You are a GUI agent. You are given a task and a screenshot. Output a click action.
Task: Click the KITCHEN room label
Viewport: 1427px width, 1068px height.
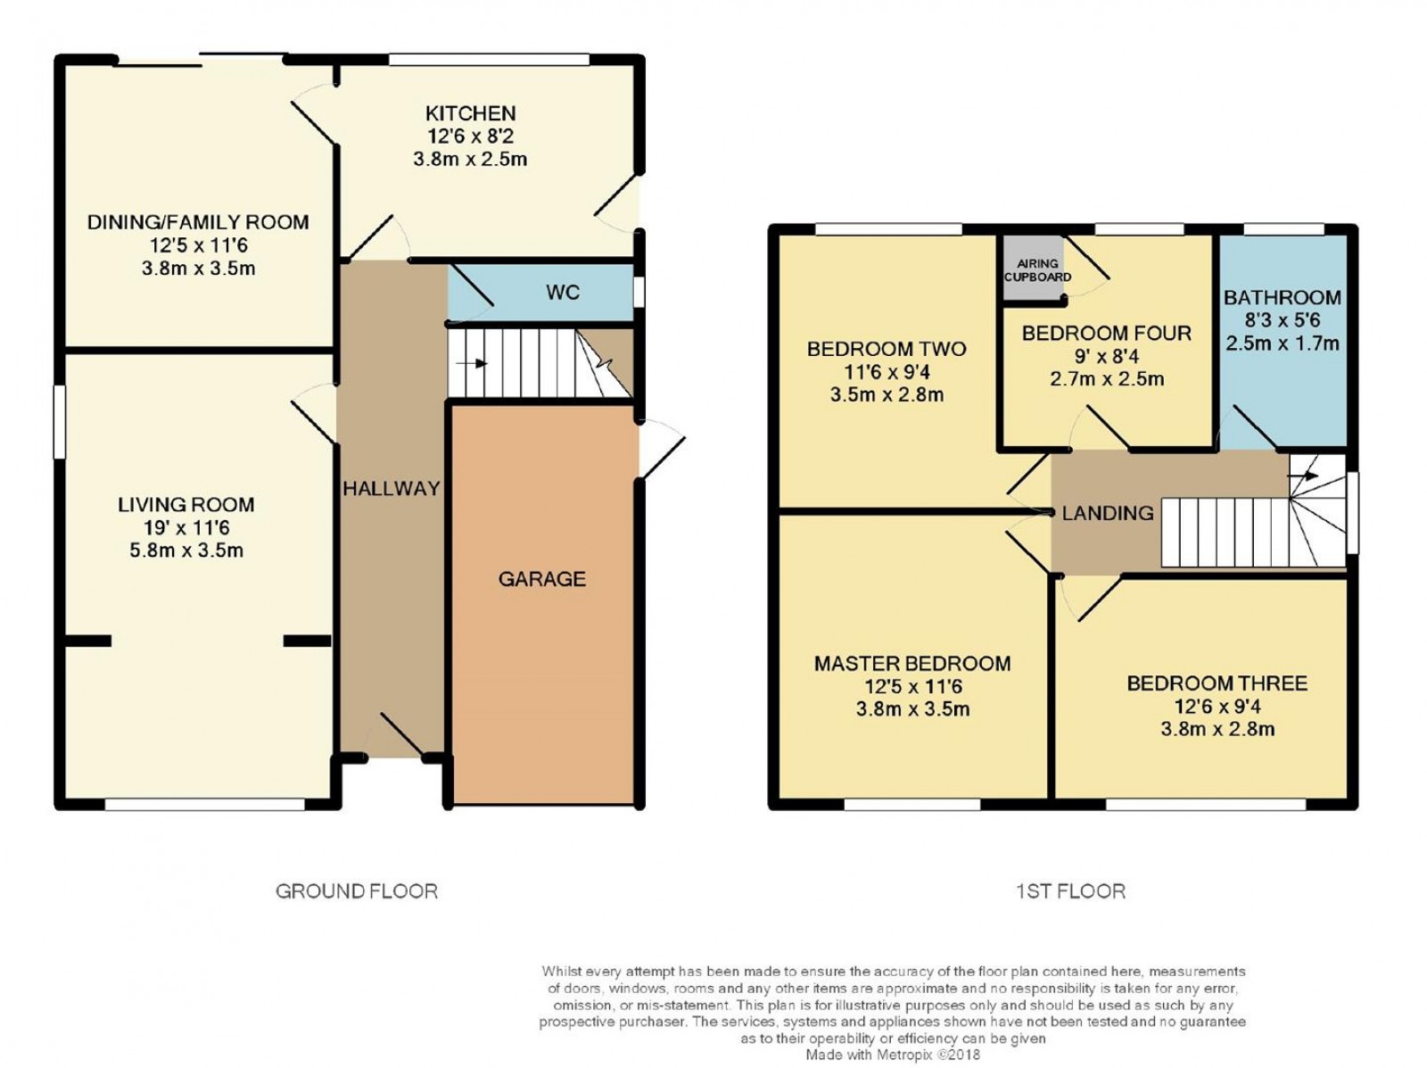(x=470, y=113)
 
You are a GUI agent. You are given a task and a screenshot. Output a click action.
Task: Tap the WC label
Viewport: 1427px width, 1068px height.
(x=563, y=293)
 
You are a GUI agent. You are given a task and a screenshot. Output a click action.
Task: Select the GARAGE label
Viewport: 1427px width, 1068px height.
(x=541, y=579)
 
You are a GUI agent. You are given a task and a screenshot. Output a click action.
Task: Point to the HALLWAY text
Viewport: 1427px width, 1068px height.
(x=392, y=488)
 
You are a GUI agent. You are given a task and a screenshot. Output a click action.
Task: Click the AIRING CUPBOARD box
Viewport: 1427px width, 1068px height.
(x=1037, y=269)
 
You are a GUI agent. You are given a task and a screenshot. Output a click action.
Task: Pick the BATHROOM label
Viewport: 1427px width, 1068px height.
(x=1282, y=297)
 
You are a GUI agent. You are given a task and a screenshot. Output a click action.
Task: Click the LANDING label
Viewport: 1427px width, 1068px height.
(x=1108, y=513)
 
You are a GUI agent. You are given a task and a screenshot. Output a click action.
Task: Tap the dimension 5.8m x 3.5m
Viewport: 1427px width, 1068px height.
(x=186, y=551)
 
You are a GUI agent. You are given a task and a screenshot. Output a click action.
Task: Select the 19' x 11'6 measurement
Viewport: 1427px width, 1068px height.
(x=186, y=527)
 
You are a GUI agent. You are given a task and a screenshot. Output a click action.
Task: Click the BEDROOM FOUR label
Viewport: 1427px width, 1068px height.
(x=1106, y=333)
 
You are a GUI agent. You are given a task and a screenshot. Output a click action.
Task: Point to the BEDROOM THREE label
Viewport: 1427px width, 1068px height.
(x=1217, y=683)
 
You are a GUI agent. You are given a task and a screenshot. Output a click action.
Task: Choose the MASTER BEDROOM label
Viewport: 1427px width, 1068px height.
(x=911, y=663)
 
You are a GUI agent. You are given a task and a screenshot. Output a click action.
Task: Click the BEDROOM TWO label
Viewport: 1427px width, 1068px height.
(x=886, y=349)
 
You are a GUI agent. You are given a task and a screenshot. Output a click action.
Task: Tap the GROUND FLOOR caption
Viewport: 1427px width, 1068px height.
(x=356, y=890)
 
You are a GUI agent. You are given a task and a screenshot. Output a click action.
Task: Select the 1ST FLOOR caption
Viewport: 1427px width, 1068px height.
(x=1070, y=890)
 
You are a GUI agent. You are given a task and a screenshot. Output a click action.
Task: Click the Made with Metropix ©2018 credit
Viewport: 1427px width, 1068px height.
(x=892, y=1055)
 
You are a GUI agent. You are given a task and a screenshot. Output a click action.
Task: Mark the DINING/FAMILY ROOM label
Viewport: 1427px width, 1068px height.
(x=198, y=222)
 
